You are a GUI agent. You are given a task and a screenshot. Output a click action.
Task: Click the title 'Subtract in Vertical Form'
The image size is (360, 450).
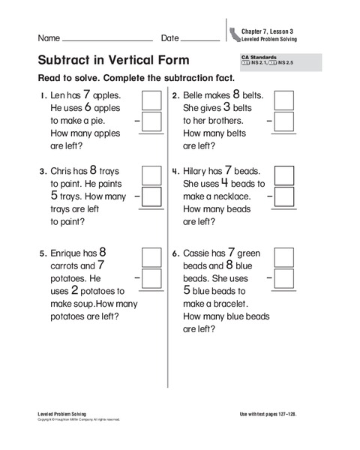(x=113, y=60)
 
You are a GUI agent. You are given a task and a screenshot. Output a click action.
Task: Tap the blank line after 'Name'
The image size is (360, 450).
(x=107, y=40)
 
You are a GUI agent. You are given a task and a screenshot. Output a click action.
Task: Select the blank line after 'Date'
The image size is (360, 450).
(x=201, y=40)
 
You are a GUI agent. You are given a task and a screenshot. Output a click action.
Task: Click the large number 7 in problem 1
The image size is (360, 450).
(x=87, y=95)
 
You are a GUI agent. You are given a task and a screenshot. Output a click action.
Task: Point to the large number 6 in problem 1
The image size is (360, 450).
(x=87, y=108)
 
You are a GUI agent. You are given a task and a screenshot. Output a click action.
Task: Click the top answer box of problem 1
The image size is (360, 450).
(x=152, y=100)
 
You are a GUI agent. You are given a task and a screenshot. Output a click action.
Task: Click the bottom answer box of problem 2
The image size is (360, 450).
(x=284, y=122)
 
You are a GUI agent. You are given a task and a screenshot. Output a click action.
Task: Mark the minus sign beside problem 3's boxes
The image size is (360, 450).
(x=136, y=196)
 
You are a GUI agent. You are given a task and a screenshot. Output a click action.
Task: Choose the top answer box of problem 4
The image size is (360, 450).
(x=284, y=175)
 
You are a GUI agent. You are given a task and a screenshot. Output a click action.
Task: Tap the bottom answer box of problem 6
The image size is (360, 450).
(x=284, y=279)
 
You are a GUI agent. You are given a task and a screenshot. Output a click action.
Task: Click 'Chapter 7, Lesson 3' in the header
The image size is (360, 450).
(x=268, y=30)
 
